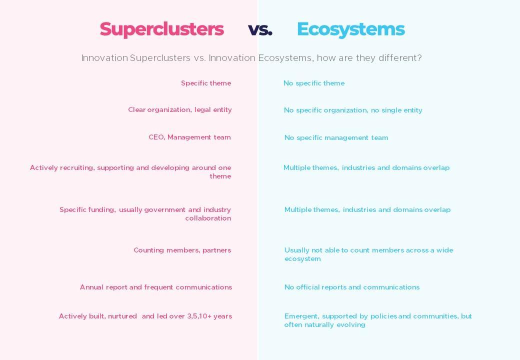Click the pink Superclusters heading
pos(162,29)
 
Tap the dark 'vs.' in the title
pos(260,29)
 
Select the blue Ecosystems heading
pos(351,29)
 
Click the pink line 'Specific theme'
pos(206,83)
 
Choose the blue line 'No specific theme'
pos(314,83)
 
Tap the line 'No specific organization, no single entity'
pos(353,110)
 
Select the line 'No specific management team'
pos(336,137)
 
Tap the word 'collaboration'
pos(208,218)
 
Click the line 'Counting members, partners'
pos(182,250)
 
